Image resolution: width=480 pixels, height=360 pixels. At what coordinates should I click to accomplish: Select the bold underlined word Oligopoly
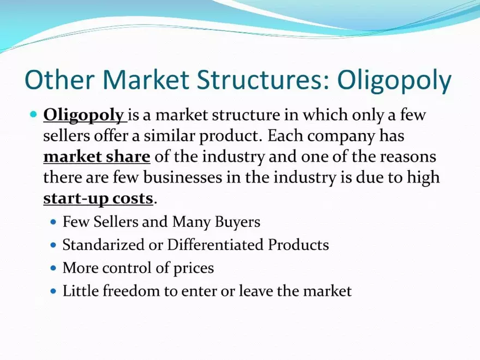pos(83,116)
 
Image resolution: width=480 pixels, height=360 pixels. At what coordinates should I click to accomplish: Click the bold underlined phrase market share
pos(97,157)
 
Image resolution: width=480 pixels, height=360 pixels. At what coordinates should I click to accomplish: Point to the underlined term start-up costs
pos(98,199)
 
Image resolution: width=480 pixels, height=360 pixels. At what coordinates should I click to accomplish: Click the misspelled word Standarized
pos(103,245)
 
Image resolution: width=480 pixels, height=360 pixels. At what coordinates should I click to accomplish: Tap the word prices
pos(191,268)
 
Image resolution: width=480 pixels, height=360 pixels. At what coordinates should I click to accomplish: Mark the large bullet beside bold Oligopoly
pos(33,115)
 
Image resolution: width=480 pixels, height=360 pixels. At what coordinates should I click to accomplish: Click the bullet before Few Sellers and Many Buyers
pos(53,223)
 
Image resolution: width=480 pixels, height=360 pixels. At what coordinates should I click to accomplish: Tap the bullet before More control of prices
pos(53,268)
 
